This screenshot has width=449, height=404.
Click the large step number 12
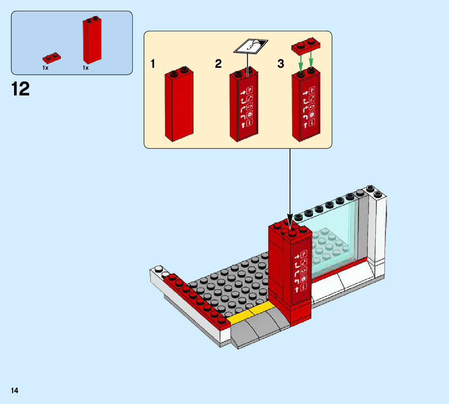pyautogui.click(x=21, y=89)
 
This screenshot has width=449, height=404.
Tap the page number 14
pyautogui.click(x=14, y=390)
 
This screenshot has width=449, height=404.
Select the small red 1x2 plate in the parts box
pyautogui.click(x=51, y=58)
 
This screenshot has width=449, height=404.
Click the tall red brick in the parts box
pyautogui.click(x=92, y=41)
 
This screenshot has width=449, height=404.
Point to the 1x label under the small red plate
pyautogui.click(x=45, y=68)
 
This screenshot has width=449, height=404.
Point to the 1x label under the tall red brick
pyautogui.click(x=85, y=68)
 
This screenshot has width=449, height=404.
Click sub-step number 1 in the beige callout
pyautogui.click(x=153, y=64)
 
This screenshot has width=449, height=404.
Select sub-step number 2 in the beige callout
pyautogui.click(x=218, y=64)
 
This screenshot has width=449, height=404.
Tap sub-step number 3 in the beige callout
pyautogui.click(x=280, y=64)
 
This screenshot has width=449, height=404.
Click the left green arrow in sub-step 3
pyautogui.click(x=301, y=61)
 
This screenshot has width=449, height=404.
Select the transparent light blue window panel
pyautogui.click(x=335, y=242)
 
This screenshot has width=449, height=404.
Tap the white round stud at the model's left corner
pyautogui.click(x=159, y=269)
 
